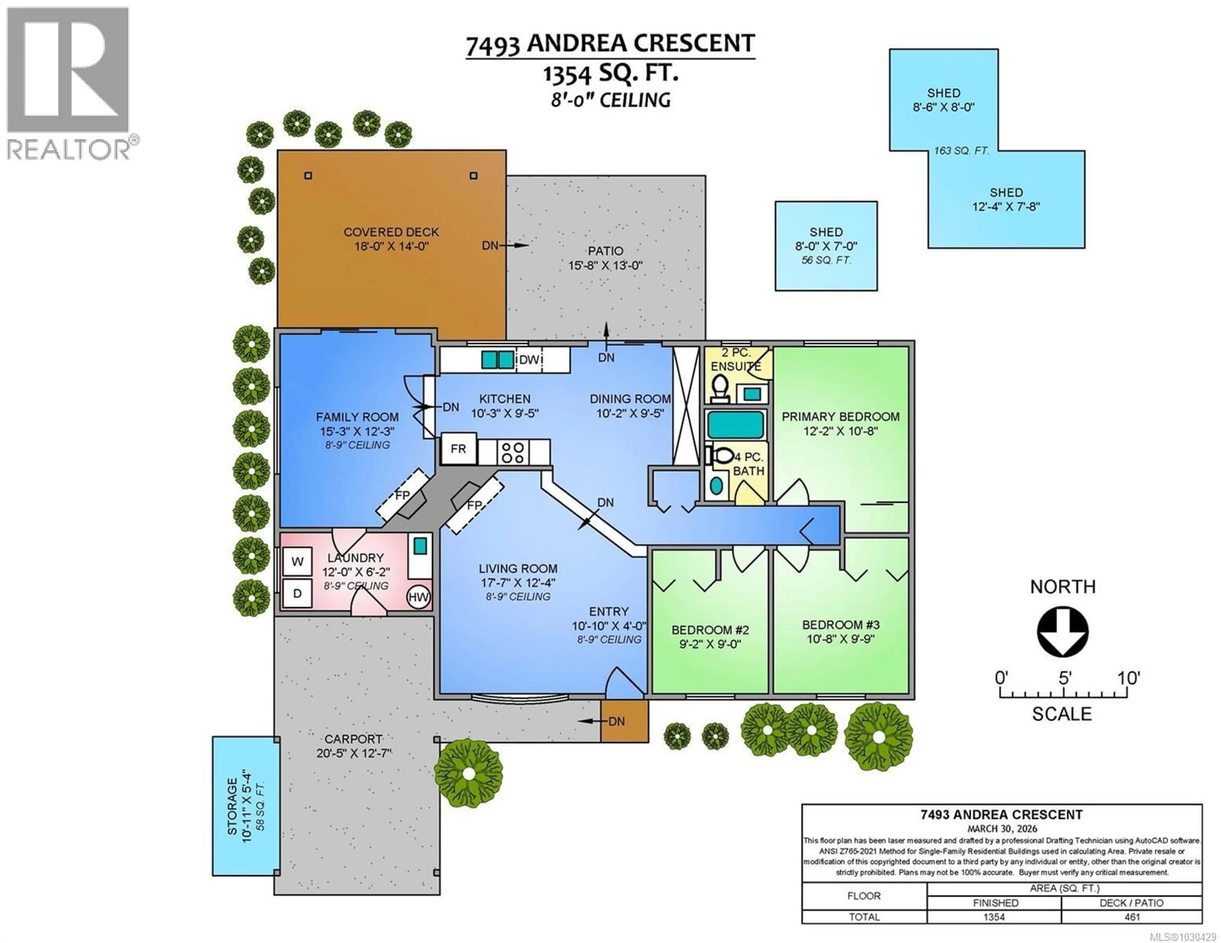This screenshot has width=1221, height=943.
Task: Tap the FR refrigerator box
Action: [x=459, y=449]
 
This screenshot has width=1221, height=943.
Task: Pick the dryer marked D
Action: [x=297, y=594]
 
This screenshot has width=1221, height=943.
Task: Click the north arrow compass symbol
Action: [x=1062, y=631]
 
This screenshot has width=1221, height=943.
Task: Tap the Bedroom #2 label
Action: [x=710, y=630]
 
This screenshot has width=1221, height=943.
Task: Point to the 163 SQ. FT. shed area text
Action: [x=961, y=150]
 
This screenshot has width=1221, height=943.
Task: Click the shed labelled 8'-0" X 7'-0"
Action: [x=826, y=246]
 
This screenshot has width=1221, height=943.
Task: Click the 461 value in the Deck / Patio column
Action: [x=1132, y=917]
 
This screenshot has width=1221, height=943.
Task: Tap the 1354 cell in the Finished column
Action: [x=994, y=917]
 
